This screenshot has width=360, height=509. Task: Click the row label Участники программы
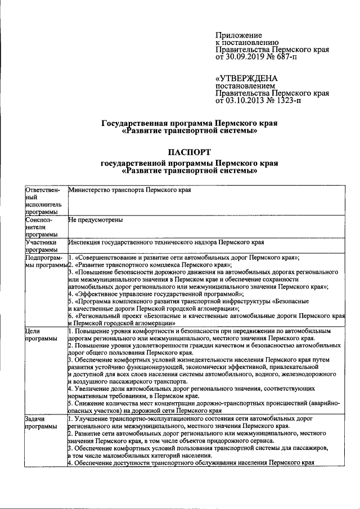[x=41, y=246]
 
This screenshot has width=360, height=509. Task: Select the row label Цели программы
[x=41, y=335]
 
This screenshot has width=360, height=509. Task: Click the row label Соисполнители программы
[x=40, y=227]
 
